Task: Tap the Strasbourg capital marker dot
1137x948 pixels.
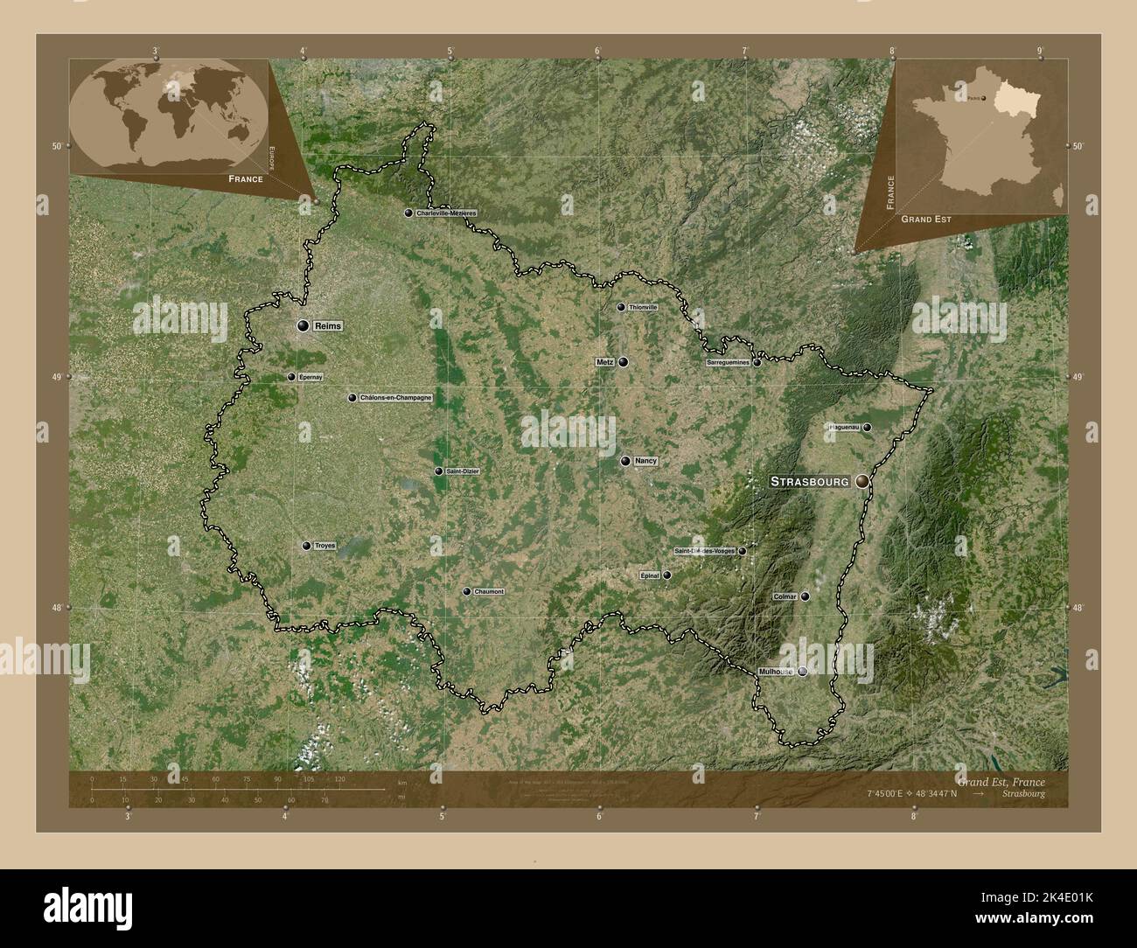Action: pos(863,481)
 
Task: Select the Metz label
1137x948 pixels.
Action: pos(604,361)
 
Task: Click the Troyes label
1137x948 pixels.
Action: pos(324,546)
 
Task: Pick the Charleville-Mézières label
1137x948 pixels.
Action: pos(446,213)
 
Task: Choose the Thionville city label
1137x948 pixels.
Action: pos(643,308)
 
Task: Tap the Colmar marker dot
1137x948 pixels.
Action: pos(806,596)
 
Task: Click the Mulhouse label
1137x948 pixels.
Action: pos(776,671)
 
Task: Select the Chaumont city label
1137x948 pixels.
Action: pos(489,592)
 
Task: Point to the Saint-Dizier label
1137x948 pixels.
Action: pos(462,471)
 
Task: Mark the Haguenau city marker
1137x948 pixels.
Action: pos(867,428)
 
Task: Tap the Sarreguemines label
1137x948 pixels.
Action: pos(728,362)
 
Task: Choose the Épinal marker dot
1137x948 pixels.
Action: pos(667,575)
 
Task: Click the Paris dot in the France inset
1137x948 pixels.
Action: pos(984,99)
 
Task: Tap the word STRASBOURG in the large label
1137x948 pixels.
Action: pos(810,482)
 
